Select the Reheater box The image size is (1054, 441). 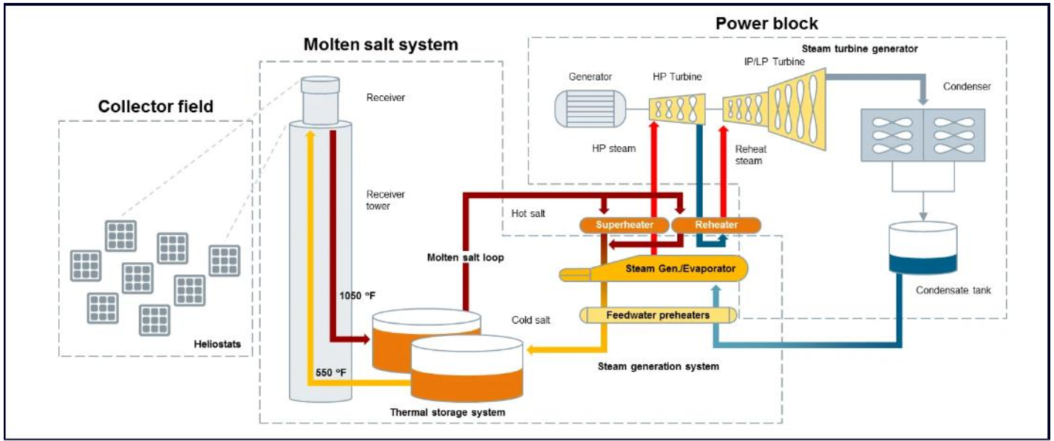716,224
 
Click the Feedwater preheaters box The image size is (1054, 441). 658,315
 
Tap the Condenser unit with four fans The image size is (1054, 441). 922,134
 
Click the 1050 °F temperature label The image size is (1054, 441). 357,295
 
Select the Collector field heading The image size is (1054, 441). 156,107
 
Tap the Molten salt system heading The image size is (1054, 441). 381,44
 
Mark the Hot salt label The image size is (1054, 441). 528,213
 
